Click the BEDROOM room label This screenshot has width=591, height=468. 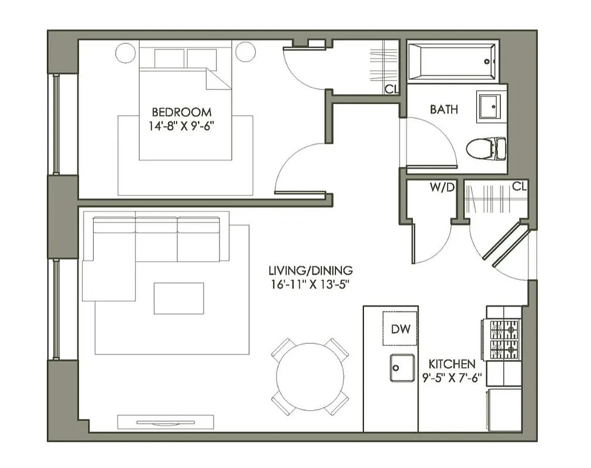(x=182, y=112)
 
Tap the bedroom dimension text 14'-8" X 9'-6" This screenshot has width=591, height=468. (x=182, y=125)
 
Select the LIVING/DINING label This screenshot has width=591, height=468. (x=310, y=271)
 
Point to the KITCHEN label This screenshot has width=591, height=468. (x=452, y=364)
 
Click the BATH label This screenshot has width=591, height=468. (x=444, y=109)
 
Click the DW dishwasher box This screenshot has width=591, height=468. (x=400, y=329)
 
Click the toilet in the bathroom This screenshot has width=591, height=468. (x=486, y=148)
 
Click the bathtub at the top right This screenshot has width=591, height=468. (x=452, y=61)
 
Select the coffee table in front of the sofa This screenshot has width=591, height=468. (x=178, y=298)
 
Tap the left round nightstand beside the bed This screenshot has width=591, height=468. (x=125, y=53)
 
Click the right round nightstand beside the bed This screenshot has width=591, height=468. (x=245, y=53)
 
